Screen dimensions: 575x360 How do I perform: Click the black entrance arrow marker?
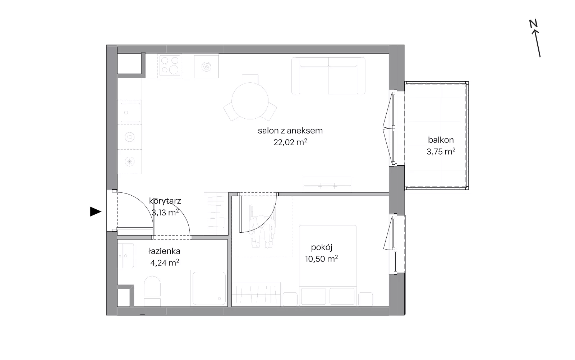click(96, 212)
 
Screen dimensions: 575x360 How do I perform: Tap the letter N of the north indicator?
click(533, 24)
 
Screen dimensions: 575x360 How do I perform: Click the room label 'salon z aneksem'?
click(290, 131)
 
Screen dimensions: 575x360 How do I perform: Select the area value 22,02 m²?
click(290, 142)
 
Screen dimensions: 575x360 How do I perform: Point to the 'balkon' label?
click(441, 140)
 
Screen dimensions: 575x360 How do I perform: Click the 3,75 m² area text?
click(441, 151)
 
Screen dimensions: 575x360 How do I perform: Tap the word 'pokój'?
click(321, 247)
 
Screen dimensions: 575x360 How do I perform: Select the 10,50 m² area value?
click(321, 259)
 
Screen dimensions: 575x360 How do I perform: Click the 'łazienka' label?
click(164, 251)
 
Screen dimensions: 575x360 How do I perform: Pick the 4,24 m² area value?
click(165, 263)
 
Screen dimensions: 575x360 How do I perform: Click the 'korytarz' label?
click(165, 201)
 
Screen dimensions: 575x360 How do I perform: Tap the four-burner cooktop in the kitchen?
click(170, 65)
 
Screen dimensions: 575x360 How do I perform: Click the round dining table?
click(250, 101)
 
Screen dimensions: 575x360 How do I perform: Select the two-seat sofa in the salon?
click(328, 76)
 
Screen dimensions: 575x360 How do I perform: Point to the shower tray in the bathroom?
click(209, 288)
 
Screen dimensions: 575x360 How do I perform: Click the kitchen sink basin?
click(130, 113)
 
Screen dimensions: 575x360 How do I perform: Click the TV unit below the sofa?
click(327, 184)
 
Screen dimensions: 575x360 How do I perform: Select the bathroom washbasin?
click(126, 256)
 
